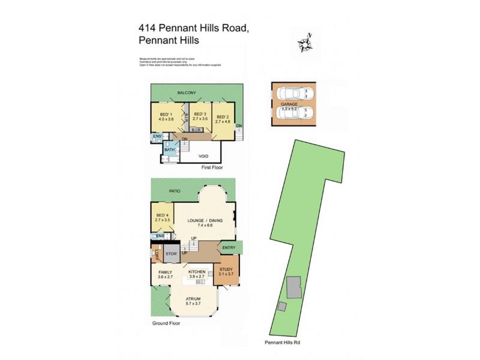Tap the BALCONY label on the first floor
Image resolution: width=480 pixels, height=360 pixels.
pos(187,92)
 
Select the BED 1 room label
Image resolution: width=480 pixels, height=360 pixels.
pos(166,114)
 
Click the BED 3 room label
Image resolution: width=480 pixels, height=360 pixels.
pos(200,114)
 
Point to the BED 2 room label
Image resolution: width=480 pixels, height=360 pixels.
pos(223,118)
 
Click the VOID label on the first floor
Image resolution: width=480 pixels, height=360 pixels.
pos(203,156)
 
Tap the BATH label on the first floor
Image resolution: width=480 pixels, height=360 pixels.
pos(169,149)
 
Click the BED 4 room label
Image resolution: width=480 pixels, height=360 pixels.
pos(163,215)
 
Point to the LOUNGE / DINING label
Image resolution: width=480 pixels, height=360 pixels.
pos(206,221)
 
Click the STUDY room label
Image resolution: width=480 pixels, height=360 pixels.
pos(226,269)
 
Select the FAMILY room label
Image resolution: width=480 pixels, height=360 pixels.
pos(165,272)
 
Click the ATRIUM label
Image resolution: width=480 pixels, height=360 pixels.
pos(192,299)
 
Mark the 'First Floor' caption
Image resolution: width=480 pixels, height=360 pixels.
pos(212,169)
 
